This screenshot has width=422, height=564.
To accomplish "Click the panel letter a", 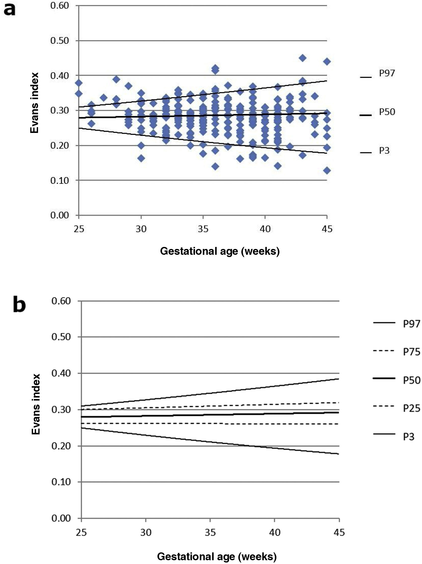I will [10, 10].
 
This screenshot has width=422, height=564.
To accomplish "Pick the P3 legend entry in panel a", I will [384, 151].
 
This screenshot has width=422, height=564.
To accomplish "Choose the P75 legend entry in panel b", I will [411, 352].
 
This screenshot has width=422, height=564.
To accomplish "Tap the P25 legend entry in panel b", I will [411, 408].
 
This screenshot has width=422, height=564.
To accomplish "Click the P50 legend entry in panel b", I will [411, 380].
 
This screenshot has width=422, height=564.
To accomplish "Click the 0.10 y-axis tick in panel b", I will [61, 482].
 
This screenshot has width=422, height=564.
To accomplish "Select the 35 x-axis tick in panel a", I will [203, 229].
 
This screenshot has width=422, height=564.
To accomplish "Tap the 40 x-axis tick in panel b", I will [275, 532].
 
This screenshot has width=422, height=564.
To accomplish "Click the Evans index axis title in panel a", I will [35, 103].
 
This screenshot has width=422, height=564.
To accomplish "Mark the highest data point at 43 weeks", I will [302, 58].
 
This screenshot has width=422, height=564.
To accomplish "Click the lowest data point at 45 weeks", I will [327, 170].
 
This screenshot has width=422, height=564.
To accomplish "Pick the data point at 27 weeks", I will [104, 98].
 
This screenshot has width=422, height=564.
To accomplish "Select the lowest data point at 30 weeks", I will [141, 158].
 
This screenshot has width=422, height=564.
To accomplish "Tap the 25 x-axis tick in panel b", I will [81, 532].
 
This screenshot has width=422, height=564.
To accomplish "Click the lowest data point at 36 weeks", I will [215, 166].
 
